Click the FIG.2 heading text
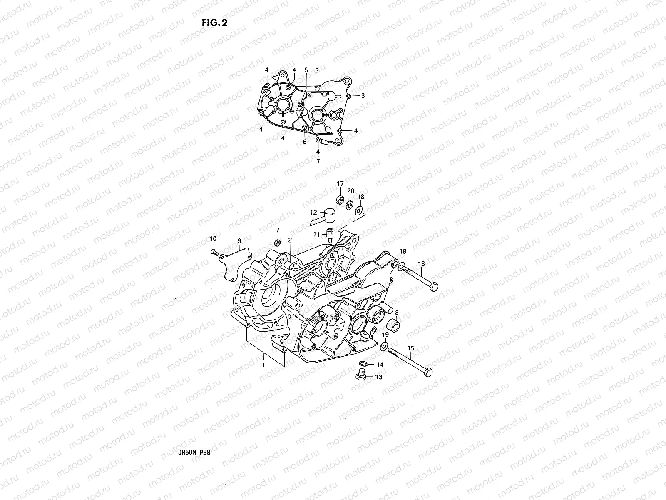click(x=214, y=23)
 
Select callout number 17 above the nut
click(x=340, y=184)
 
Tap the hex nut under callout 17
click(x=340, y=200)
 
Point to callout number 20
click(x=351, y=191)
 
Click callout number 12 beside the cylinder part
click(x=313, y=212)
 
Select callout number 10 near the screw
click(x=213, y=239)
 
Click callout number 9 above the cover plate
click(x=239, y=241)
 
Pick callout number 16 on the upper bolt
click(x=421, y=264)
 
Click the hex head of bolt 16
click(x=434, y=287)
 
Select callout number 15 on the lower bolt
click(x=410, y=348)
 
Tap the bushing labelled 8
click(x=394, y=325)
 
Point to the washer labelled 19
click(x=383, y=345)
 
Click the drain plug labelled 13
click(x=360, y=376)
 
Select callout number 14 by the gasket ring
click(x=380, y=365)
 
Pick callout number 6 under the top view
click(x=305, y=142)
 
